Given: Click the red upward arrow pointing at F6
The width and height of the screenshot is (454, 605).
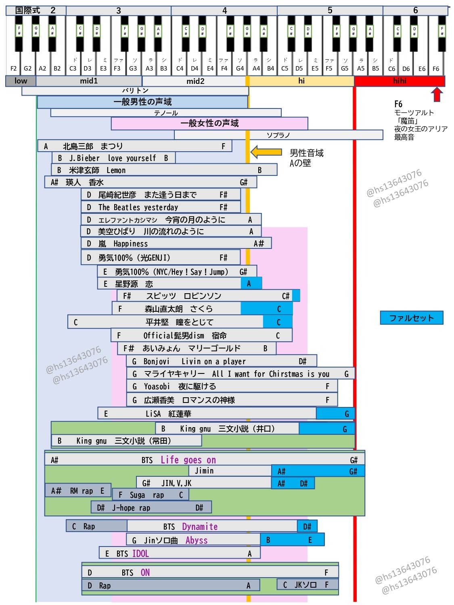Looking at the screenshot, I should (437, 95).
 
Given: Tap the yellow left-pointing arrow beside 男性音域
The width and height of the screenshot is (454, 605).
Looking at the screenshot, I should (266, 152).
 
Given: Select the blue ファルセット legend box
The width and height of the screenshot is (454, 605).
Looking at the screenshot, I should (411, 318).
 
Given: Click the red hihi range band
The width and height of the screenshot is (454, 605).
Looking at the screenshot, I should (399, 81).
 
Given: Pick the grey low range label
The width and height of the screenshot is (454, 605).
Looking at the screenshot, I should (21, 81).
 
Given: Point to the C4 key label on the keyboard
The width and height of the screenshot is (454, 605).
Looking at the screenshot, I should (180, 69).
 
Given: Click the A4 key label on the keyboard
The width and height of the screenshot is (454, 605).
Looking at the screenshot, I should (256, 69).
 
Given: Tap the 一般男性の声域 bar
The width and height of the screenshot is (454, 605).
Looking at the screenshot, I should (142, 102).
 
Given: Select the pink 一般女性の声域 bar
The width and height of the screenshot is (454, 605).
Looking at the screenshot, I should (209, 123).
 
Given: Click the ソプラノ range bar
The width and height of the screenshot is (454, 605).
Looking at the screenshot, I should (278, 135).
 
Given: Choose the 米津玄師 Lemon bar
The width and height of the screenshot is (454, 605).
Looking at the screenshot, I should (164, 170).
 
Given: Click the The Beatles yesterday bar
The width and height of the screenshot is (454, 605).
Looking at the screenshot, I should (160, 207).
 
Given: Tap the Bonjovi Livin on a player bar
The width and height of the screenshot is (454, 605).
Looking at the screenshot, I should (221, 361).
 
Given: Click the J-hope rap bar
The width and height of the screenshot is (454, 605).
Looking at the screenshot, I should (151, 507).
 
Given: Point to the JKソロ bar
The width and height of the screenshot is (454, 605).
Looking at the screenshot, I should (307, 584).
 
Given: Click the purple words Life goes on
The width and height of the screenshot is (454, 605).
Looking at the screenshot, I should (188, 460).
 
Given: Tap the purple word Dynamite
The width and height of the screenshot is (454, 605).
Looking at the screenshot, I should (200, 526).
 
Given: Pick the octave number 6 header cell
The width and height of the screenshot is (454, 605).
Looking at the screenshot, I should (415, 10).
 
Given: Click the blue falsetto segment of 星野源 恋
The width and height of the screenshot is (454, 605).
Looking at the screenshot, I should (251, 284).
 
